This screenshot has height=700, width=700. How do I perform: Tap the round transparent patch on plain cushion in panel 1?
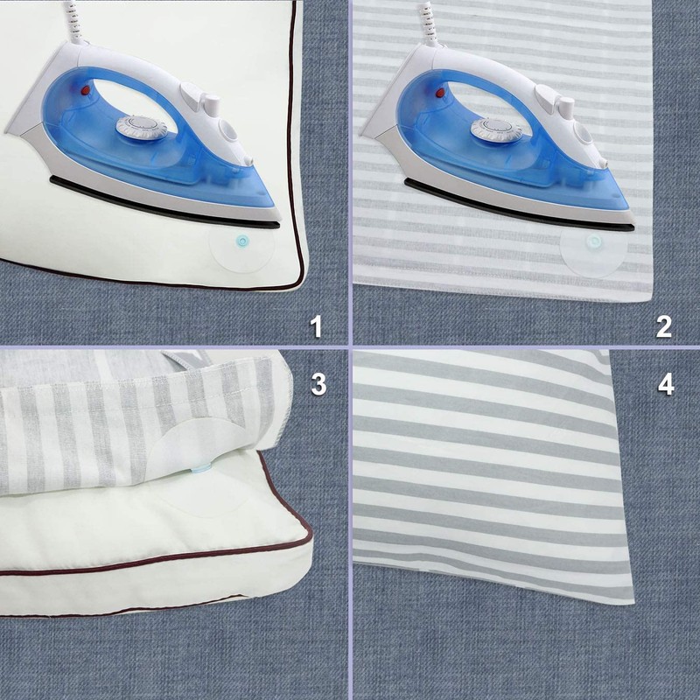[x=241, y=249]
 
